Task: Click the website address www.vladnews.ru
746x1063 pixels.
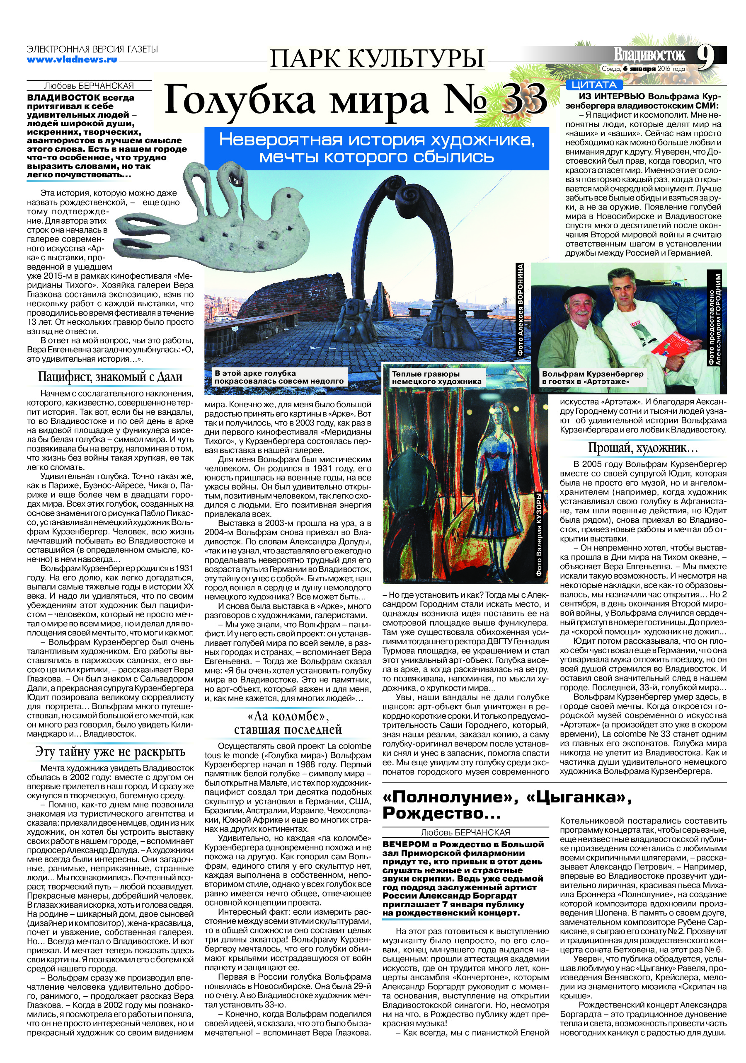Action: [x=72, y=59]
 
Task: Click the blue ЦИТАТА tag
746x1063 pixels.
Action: [x=593, y=85]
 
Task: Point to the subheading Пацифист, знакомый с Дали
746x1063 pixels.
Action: [x=110, y=377]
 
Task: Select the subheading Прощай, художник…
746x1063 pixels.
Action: [x=643, y=448]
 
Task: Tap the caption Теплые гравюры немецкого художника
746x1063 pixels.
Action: [x=436, y=378]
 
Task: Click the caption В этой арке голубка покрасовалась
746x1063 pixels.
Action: [x=279, y=377]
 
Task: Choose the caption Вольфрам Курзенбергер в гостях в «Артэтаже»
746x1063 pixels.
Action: [x=592, y=378]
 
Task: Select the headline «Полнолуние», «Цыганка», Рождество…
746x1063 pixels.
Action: [x=506, y=804]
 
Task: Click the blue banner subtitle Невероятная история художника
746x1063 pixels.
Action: [x=376, y=140]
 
